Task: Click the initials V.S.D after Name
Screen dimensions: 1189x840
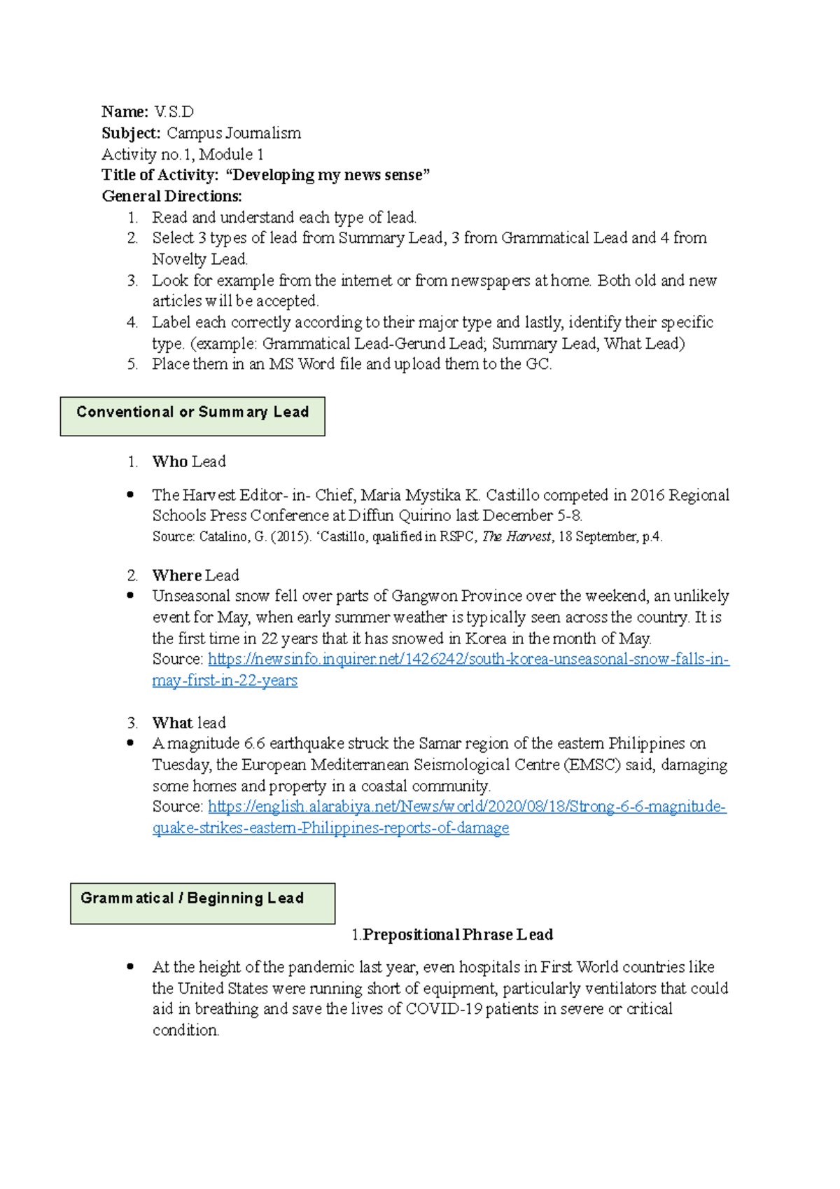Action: [x=174, y=112]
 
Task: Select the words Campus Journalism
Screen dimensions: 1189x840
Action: [x=233, y=133]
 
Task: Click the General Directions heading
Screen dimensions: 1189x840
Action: [x=171, y=196]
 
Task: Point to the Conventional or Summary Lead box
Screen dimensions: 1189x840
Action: [x=192, y=416]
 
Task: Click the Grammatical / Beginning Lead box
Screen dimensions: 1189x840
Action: [x=202, y=903]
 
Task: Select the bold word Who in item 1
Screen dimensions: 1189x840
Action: [x=170, y=461]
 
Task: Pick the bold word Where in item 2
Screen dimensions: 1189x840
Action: [x=177, y=576]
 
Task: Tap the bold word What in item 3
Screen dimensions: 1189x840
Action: [x=172, y=723]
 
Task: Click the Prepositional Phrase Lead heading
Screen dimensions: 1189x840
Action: [x=458, y=935]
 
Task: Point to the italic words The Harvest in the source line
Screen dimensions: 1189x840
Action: [x=517, y=537]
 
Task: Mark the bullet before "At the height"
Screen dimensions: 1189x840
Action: [x=130, y=967]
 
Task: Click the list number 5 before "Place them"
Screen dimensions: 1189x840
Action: [x=132, y=364]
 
